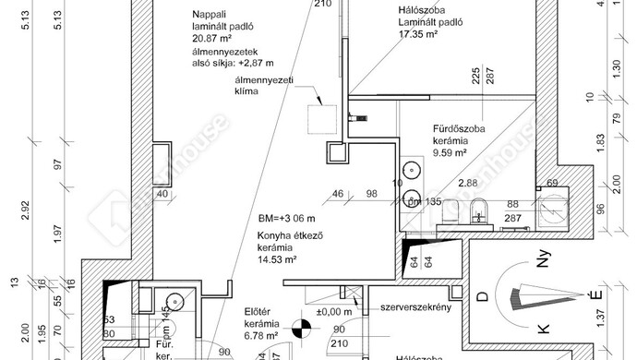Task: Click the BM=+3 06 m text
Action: [288, 220]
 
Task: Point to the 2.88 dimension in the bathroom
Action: [467, 185]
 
